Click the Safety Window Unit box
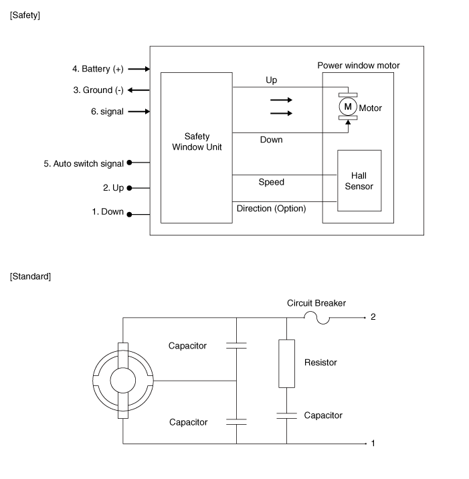coord(196,148)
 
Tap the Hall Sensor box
coord(359,180)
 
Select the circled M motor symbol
coord(348,107)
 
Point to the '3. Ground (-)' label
coord(98,90)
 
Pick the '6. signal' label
coord(107,112)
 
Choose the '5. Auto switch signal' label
coord(84,163)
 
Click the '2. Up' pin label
coord(113,189)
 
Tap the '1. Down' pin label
coord(108,212)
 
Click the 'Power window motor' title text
coord(358,66)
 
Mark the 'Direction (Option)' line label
coord(271,209)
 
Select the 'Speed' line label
coord(271,182)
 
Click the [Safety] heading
coord(25,15)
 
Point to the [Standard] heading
coord(30,276)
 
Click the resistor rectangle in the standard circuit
coord(287,363)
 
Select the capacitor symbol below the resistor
coord(287,415)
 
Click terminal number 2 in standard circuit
coord(373,316)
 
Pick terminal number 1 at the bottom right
coord(373,443)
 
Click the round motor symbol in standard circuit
coord(123,380)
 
